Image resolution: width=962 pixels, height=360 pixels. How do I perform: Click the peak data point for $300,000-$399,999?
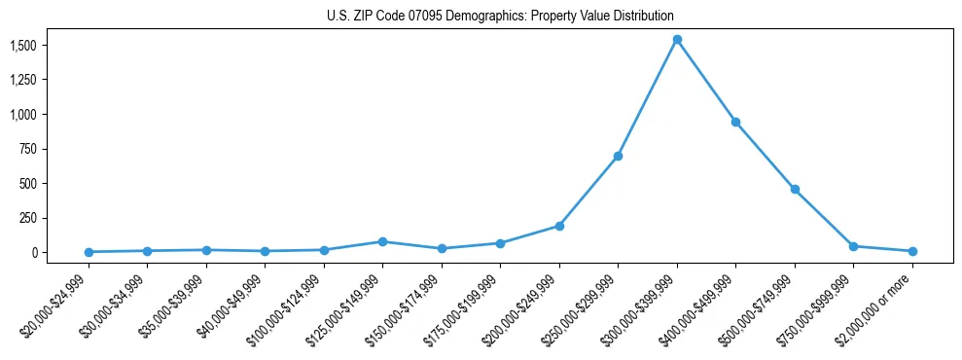677,40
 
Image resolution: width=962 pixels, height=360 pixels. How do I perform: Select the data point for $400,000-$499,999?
736,122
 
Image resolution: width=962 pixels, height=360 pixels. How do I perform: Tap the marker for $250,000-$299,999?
618,156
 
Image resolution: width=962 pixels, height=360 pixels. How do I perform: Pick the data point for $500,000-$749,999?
795,189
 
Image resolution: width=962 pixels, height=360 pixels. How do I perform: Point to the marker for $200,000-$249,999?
559,226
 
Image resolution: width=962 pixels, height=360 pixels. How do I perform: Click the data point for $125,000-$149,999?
382,241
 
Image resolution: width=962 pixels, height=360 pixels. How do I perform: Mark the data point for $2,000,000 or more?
912,251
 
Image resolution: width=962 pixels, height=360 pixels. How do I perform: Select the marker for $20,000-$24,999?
89,252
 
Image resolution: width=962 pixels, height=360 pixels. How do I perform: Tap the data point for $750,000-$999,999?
854,246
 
